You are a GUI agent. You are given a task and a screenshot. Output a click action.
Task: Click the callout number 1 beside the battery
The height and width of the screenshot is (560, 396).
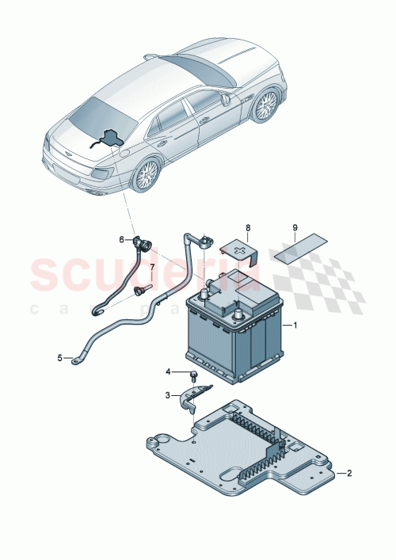pos(295,326)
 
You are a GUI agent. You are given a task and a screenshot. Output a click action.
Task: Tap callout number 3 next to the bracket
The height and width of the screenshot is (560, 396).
pos(168,394)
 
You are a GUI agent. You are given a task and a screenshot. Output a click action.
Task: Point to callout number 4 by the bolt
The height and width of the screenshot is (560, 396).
pos(168,371)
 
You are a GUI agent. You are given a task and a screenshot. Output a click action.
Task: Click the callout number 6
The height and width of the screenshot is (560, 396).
pos(122,239)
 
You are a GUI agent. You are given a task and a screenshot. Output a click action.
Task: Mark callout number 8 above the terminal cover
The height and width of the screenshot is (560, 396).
pos(247,228)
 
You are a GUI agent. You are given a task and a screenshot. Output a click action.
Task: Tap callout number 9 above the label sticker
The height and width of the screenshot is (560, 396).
pos(295,228)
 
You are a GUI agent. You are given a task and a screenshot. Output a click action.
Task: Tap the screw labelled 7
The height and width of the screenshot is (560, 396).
pos(143,291)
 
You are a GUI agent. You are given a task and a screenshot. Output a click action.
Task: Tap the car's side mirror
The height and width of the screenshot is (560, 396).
pos(226,101)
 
